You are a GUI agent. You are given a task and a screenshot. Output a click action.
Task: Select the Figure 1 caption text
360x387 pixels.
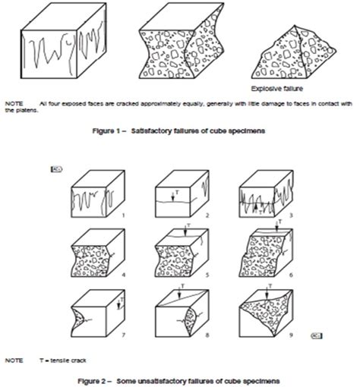(x=178, y=131)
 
